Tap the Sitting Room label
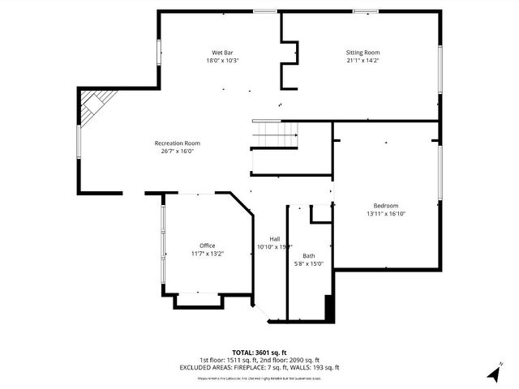point(362,53)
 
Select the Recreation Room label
point(177,143)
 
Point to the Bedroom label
point(385,205)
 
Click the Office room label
point(208,246)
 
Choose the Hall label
point(275,238)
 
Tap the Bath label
point(309,255)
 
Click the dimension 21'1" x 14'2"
point(362,60)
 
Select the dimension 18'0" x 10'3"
point(222,60)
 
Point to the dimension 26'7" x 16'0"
point(177,151)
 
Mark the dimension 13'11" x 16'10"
point(385,213)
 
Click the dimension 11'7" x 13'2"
point(208,254)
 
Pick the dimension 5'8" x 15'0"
point(309,263)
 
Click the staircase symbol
point(274,131)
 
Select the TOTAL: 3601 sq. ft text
point(259,353)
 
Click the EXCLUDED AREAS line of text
point(259,367)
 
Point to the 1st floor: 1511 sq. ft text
point(229,360)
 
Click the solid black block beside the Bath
point(329,310)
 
